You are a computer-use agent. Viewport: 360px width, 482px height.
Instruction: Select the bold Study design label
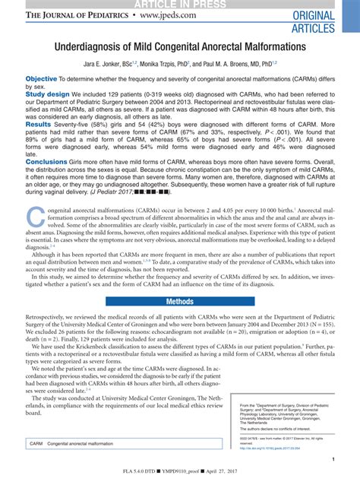click(48, 94)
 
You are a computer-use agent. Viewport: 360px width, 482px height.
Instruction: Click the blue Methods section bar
click(180, 281)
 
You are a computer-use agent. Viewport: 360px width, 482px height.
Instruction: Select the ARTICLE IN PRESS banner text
click(180, 4)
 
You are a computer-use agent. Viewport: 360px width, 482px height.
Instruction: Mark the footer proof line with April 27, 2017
click(180, 476)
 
